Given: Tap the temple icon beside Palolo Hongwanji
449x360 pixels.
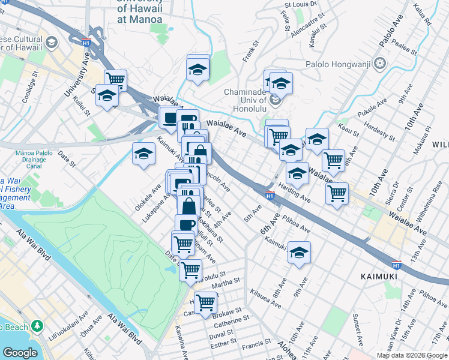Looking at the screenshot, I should pos(379,63).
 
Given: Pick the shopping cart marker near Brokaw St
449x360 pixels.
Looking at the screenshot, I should pos(205,302).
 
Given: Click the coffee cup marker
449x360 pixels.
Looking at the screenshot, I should pos(186,225).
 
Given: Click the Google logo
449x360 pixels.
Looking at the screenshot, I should pos(20,353).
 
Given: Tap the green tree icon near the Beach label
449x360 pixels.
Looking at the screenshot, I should pos(38,326).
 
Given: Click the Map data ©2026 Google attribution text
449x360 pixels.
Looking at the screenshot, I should pos(411,355).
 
